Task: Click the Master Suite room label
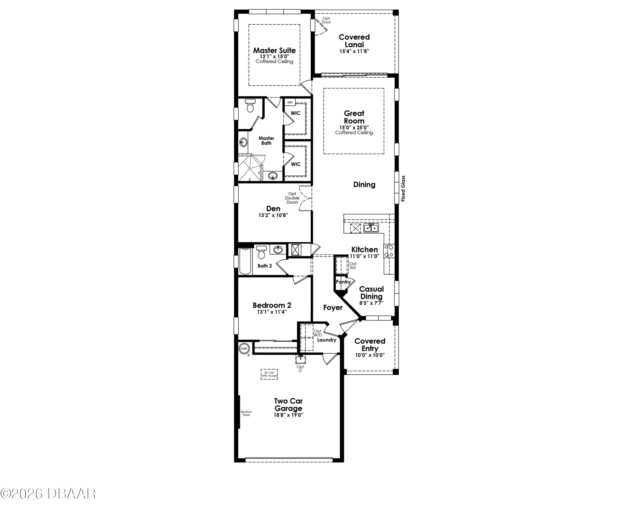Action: [274, 50]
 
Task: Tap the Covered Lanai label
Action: [354, 41]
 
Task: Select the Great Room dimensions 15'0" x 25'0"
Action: [354, 127]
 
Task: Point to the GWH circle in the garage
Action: [244, 348]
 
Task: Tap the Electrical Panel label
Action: [246, 413]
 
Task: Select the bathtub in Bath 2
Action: [245, 261]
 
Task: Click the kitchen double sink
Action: [371, 228]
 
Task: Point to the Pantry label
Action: [343, 282]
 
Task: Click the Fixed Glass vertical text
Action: [403, 189]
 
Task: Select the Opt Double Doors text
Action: [292, 198]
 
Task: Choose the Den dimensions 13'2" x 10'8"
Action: [273, 215]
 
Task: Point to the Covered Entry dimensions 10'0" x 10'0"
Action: [370, 355]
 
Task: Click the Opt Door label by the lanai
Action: [326, 20]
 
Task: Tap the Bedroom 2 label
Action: [272, 305]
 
